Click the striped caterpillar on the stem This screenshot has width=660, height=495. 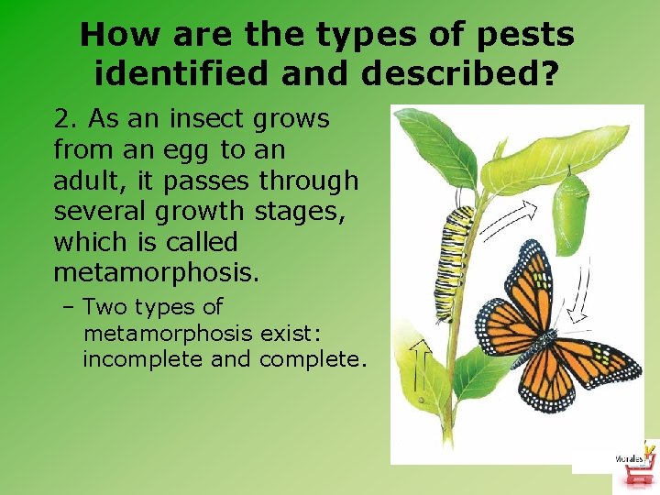pyautogui.click(x=456, y=261)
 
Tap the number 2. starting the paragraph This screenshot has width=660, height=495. pyautogui.click(x=66, y=119)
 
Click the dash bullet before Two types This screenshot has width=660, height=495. pyautogui.click(x=71, y=307)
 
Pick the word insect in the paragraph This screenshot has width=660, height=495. pyautogui.click(x=182, y=119)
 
